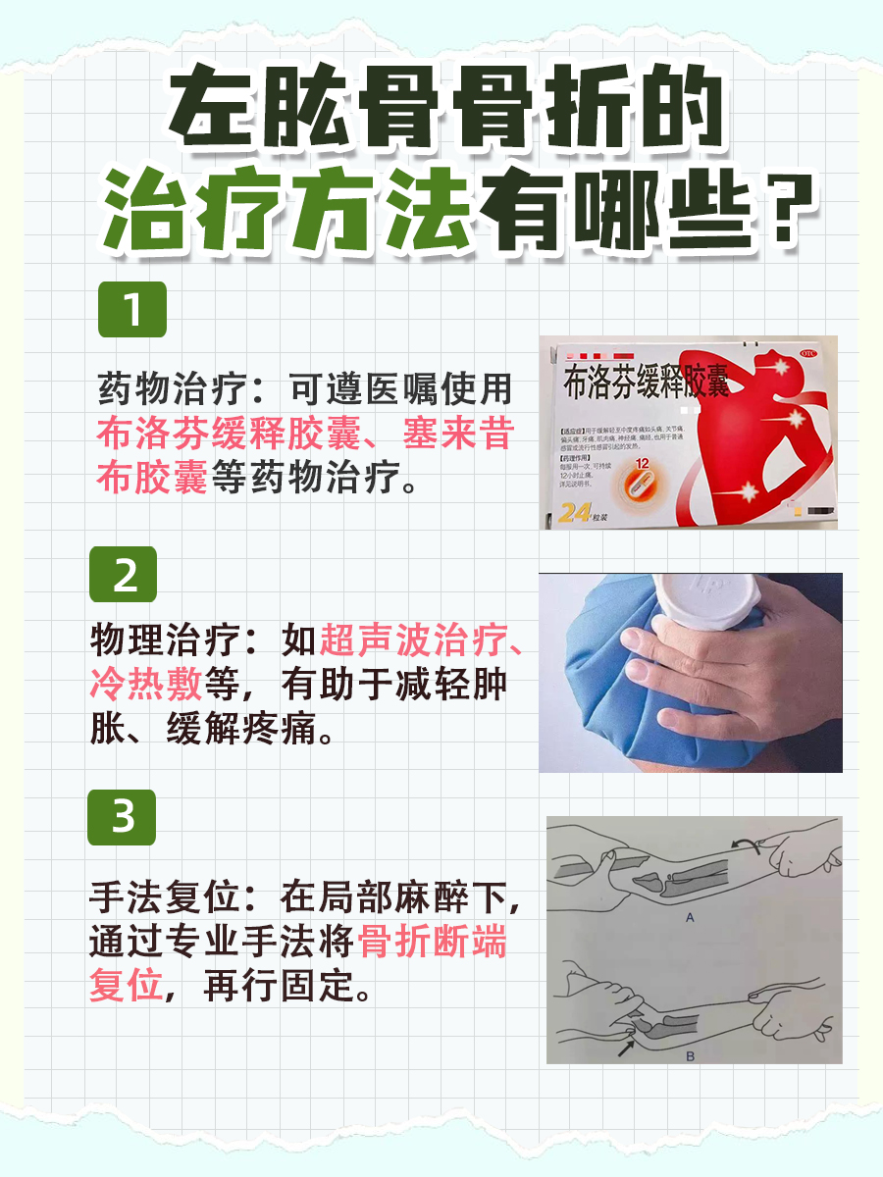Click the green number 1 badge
click(x=132, y=310)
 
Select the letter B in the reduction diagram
click(x=689, y=1057)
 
